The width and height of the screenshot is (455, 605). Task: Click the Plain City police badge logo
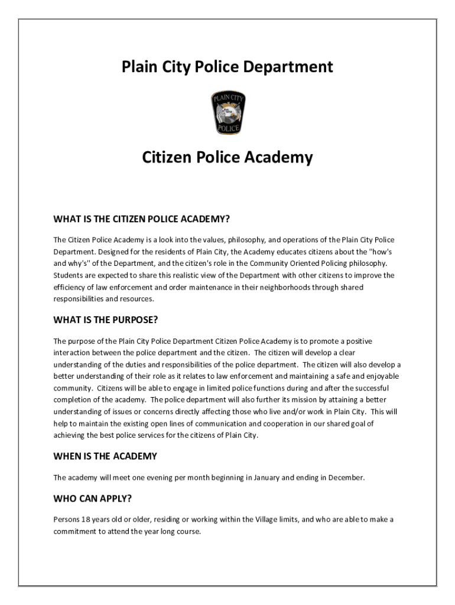[x=227, y=113]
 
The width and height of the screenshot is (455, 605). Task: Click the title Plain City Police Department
[x=227, y=67]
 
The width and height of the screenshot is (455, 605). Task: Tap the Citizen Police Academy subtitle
[x=227, y=158]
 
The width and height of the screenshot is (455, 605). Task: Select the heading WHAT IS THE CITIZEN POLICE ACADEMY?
[x=141, y=219]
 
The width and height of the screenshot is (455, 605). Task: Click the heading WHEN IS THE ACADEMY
[x=105, y=456]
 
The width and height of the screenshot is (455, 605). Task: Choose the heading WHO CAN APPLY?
[x=92, y=498]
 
